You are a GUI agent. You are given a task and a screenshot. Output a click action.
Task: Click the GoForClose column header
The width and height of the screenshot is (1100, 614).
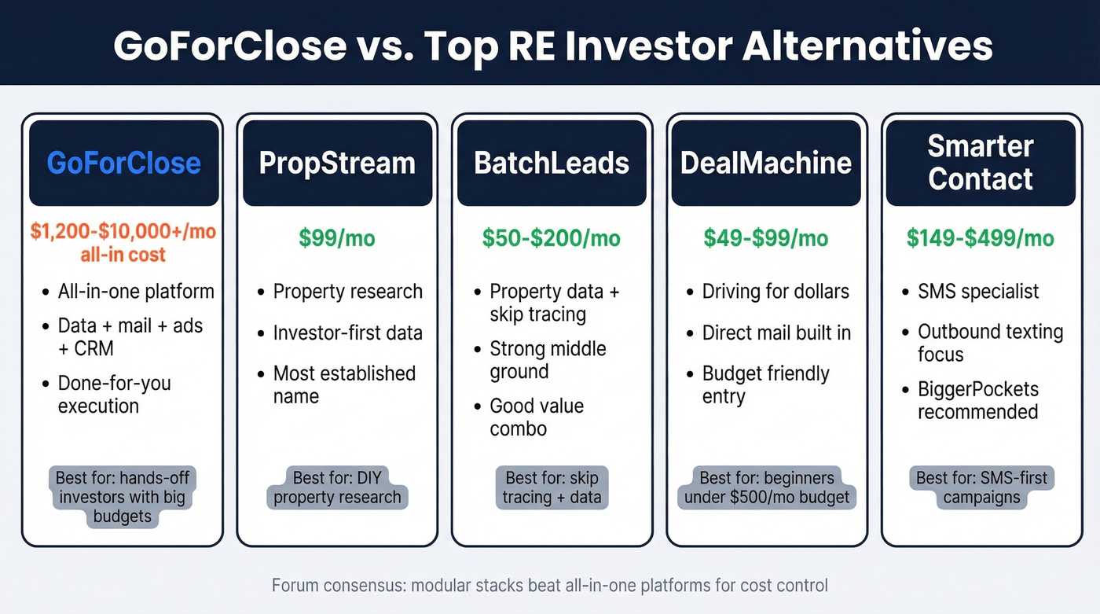tap(123, 163)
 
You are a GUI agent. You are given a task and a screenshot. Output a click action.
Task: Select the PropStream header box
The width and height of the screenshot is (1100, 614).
tap(337, 163)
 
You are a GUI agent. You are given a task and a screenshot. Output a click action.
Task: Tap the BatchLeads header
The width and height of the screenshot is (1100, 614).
tap(552, 163)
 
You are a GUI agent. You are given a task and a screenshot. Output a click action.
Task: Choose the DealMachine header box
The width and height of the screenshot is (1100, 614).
tap(766, 163)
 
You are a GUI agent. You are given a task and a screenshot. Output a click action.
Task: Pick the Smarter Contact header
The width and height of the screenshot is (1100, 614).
tap(981, 163)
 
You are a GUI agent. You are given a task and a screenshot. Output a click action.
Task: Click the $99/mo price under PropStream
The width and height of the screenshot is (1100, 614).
tap(337, 238)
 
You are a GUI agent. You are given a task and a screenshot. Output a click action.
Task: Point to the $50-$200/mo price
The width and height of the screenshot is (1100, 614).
tap(552, 238)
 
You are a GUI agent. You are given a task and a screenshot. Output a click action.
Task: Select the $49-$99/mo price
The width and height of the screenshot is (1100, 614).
tap(766, 238)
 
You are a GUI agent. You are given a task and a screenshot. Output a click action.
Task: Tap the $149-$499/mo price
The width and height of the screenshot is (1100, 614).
tap(981, 238)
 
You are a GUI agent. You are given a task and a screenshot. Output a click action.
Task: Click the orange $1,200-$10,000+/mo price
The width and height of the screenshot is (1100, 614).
tap(123, 232)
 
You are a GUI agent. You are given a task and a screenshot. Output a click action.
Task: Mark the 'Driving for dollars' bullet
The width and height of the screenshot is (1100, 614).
tap(775, 292)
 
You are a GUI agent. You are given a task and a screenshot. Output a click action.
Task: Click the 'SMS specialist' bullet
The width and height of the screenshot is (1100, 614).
tap(978, 292)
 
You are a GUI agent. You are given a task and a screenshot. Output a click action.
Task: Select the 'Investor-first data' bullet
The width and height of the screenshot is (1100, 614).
tap(347, 333)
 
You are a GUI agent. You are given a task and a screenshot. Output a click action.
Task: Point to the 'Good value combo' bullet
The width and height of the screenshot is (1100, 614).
tap(537, 417)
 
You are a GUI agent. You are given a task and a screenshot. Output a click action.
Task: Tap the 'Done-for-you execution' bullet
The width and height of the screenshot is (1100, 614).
tap(114, 395)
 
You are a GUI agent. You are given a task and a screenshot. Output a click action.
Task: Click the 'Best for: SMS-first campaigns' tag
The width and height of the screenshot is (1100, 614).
tap(982, 487)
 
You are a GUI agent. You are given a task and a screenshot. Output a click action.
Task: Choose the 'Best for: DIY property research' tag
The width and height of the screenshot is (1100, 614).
tap(337, 487)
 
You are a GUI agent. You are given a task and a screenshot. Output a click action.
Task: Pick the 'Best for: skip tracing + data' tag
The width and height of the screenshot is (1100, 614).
tap(552, 487)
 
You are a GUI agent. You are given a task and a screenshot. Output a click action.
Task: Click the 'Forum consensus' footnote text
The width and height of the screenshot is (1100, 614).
tap(550, 586)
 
